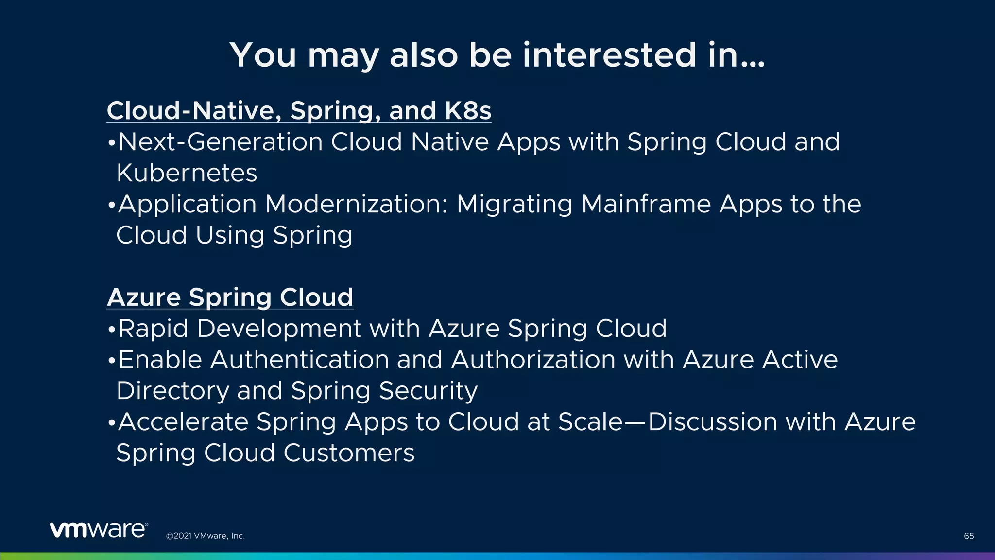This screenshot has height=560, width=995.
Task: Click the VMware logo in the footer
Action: coord(98,530)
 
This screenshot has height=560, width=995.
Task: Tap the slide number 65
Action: coord(969,536)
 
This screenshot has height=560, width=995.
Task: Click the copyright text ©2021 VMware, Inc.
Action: coord(206,536)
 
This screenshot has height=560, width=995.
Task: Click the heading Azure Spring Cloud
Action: coord(230,297)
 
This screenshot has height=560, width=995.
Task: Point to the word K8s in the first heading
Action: coord(468,111)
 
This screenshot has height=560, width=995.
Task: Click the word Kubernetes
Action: coord(187,173)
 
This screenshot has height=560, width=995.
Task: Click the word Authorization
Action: coord(533,360)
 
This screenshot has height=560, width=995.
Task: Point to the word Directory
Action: coord(172,391)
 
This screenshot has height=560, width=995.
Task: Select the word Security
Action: coord(428,391)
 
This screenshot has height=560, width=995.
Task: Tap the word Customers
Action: coord(349,453)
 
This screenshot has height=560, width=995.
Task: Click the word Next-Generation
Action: coord(221,142)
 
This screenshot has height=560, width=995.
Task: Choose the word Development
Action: coord(279,329)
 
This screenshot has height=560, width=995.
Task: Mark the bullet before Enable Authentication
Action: coord(111,361)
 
